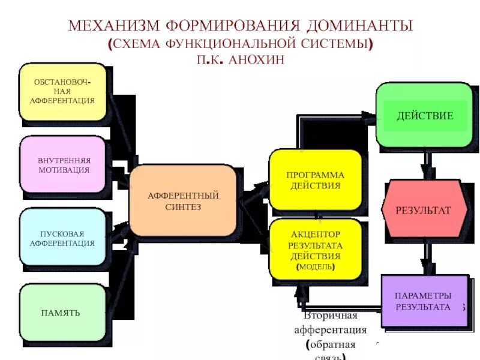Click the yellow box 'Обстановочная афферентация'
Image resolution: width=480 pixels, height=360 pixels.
point(63,91)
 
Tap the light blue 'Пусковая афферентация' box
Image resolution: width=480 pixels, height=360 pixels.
point(63,237)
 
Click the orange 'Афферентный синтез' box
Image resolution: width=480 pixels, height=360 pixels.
point(182,200)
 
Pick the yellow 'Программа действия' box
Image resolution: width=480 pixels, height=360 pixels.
point(315,179)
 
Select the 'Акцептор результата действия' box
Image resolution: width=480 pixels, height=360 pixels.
point(315,249)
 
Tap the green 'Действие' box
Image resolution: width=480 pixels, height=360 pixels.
point(424,115)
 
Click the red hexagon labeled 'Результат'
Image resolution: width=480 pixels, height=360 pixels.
point(424,209)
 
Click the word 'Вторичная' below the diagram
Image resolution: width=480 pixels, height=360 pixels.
point(331,316)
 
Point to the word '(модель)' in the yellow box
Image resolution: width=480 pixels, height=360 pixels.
point(316,267)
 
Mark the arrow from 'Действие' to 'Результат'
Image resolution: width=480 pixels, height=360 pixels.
point(426,163)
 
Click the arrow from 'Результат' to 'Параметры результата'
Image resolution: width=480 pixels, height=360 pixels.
point(426,256)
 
